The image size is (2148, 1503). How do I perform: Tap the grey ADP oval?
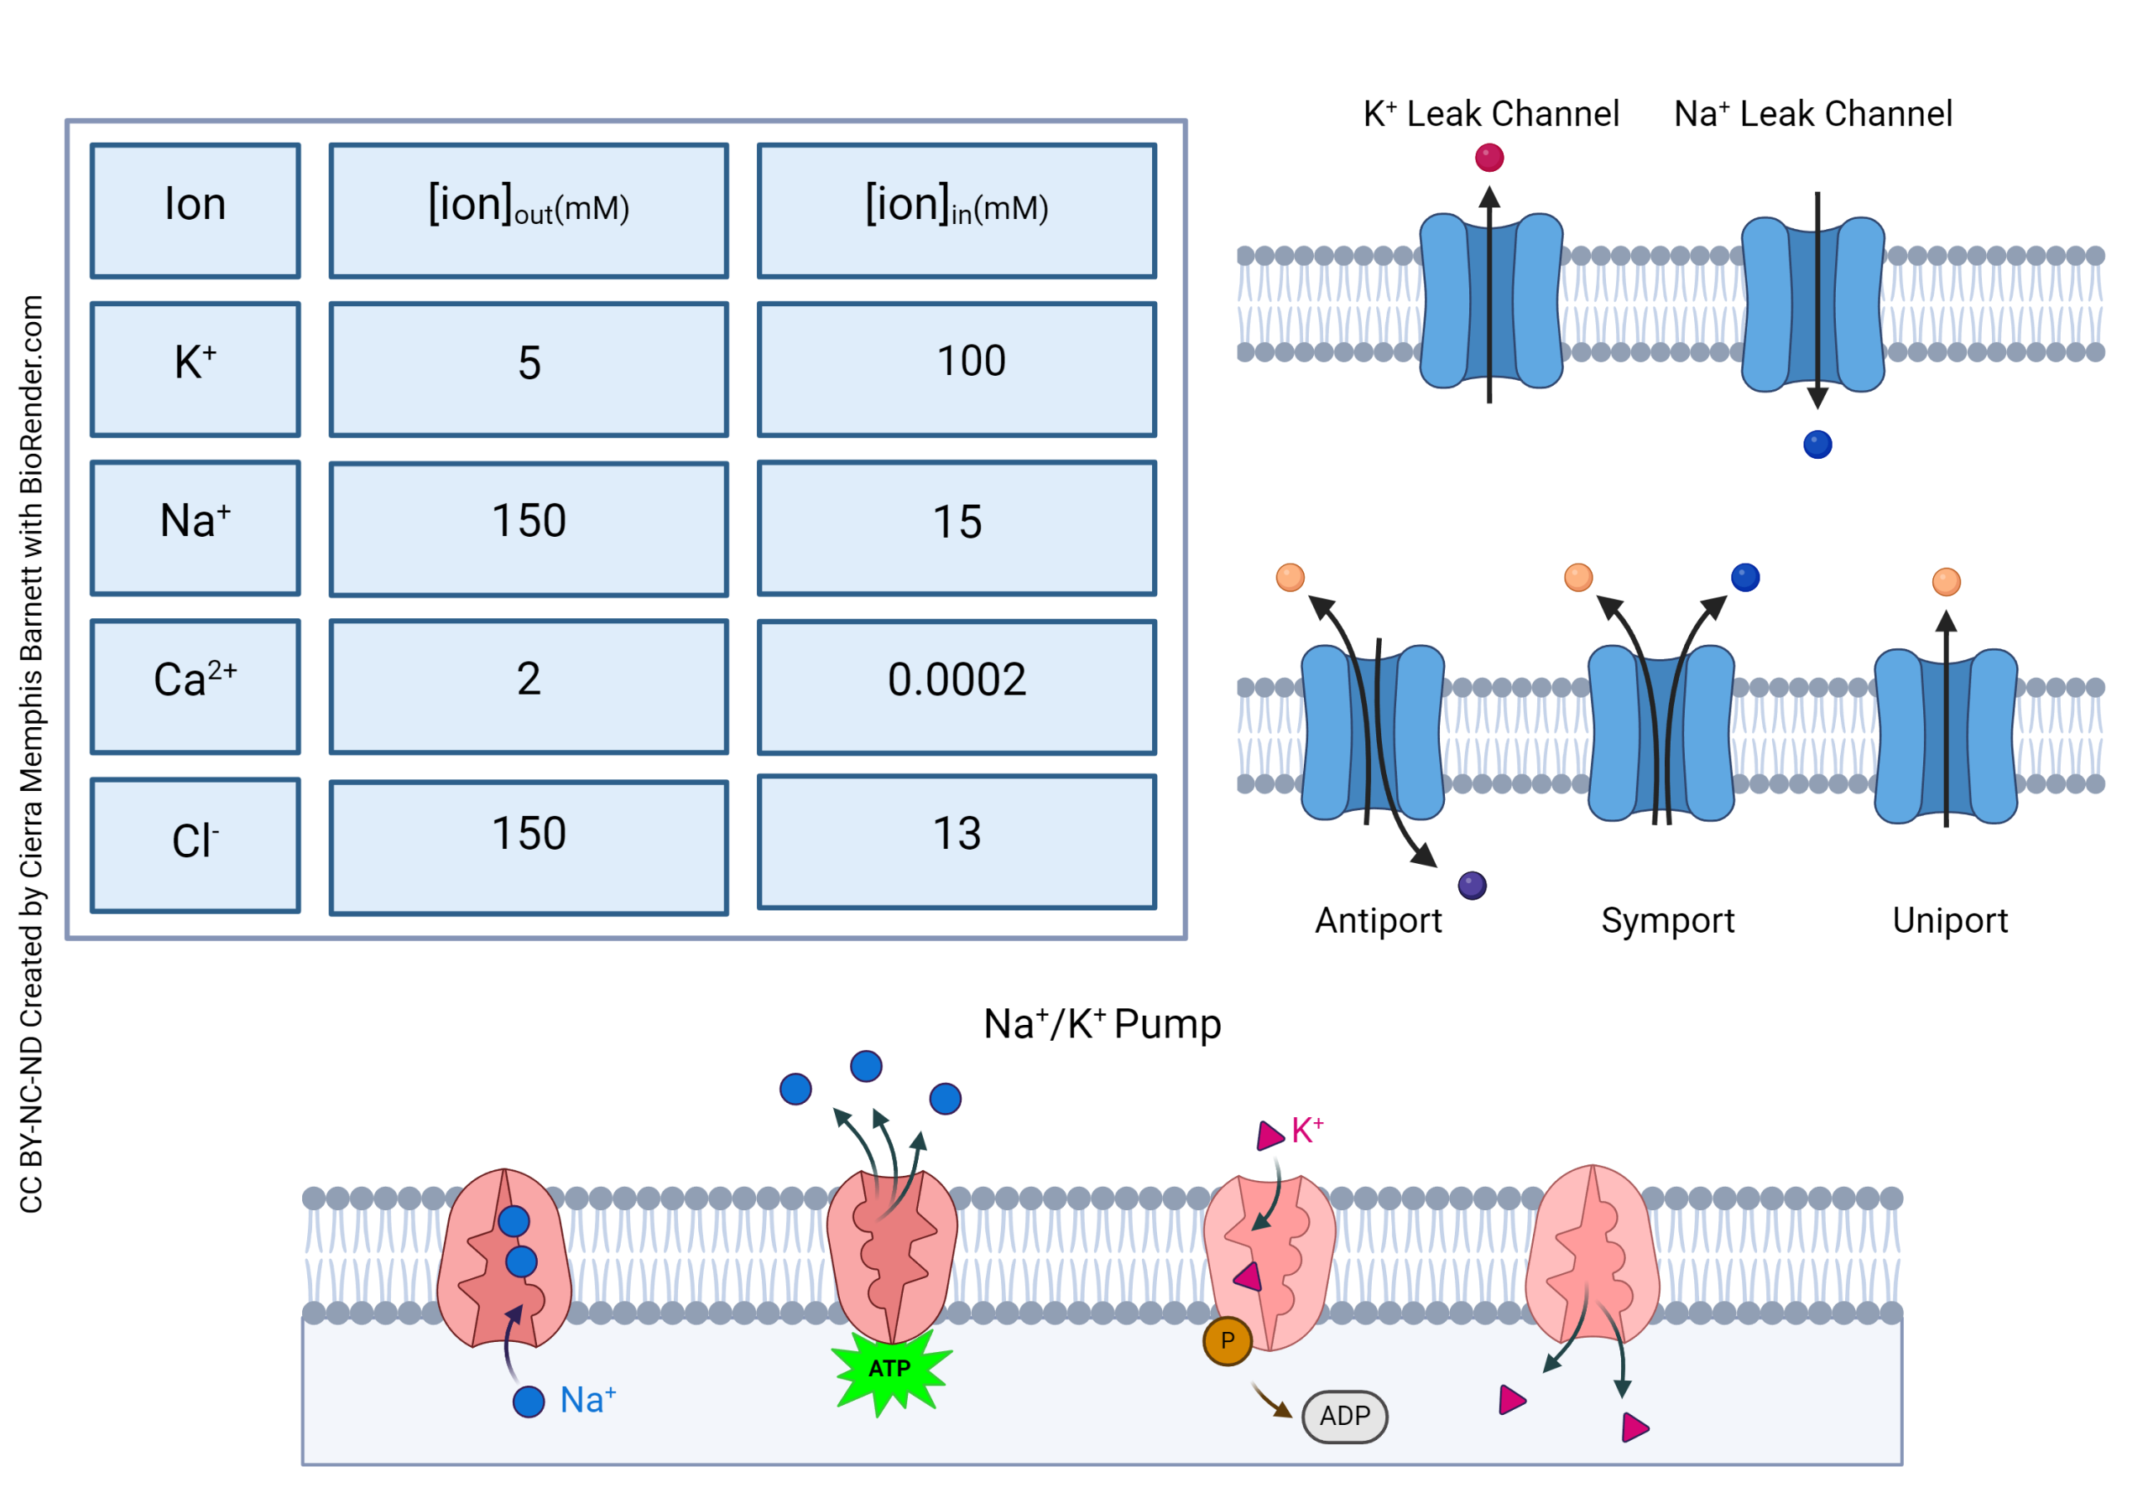(1344, 1416)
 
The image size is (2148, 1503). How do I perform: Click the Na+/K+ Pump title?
(1102, 1024)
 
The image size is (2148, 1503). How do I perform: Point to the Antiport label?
(1378, 921)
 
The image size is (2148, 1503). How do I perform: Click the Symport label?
(1667, 921)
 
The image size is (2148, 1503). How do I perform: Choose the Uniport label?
(1950, 921)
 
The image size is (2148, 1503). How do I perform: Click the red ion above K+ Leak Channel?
(1489, 157)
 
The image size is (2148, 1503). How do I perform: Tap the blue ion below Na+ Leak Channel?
(1817, 445)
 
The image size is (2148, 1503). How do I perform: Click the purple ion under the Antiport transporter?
(1472, 885)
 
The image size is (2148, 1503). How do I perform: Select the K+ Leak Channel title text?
(1490, 114)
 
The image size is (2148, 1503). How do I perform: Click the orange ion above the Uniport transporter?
(1946, 582)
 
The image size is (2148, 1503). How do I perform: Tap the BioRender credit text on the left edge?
(31, 753)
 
